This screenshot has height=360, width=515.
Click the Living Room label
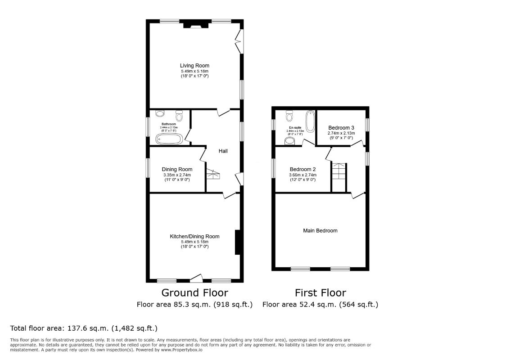pos(194,66)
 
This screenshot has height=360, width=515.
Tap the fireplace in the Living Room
pos(195,25)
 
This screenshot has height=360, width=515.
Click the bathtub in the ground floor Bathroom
pos(169,139)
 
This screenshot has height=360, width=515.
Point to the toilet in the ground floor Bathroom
pos(180,117)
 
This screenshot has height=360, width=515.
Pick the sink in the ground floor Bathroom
pos(158,115)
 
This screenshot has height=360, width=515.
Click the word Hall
pos(223,151)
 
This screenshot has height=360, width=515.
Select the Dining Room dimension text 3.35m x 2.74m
pos(176,175)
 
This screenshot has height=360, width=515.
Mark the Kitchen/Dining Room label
pos(194,236)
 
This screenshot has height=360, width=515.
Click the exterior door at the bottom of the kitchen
pos(196,278)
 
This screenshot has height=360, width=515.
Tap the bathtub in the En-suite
pos(310,121)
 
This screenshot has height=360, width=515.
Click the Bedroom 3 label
pos(341,127)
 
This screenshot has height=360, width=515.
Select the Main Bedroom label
pos(320,230)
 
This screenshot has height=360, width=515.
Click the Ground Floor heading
pos(194,293)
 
